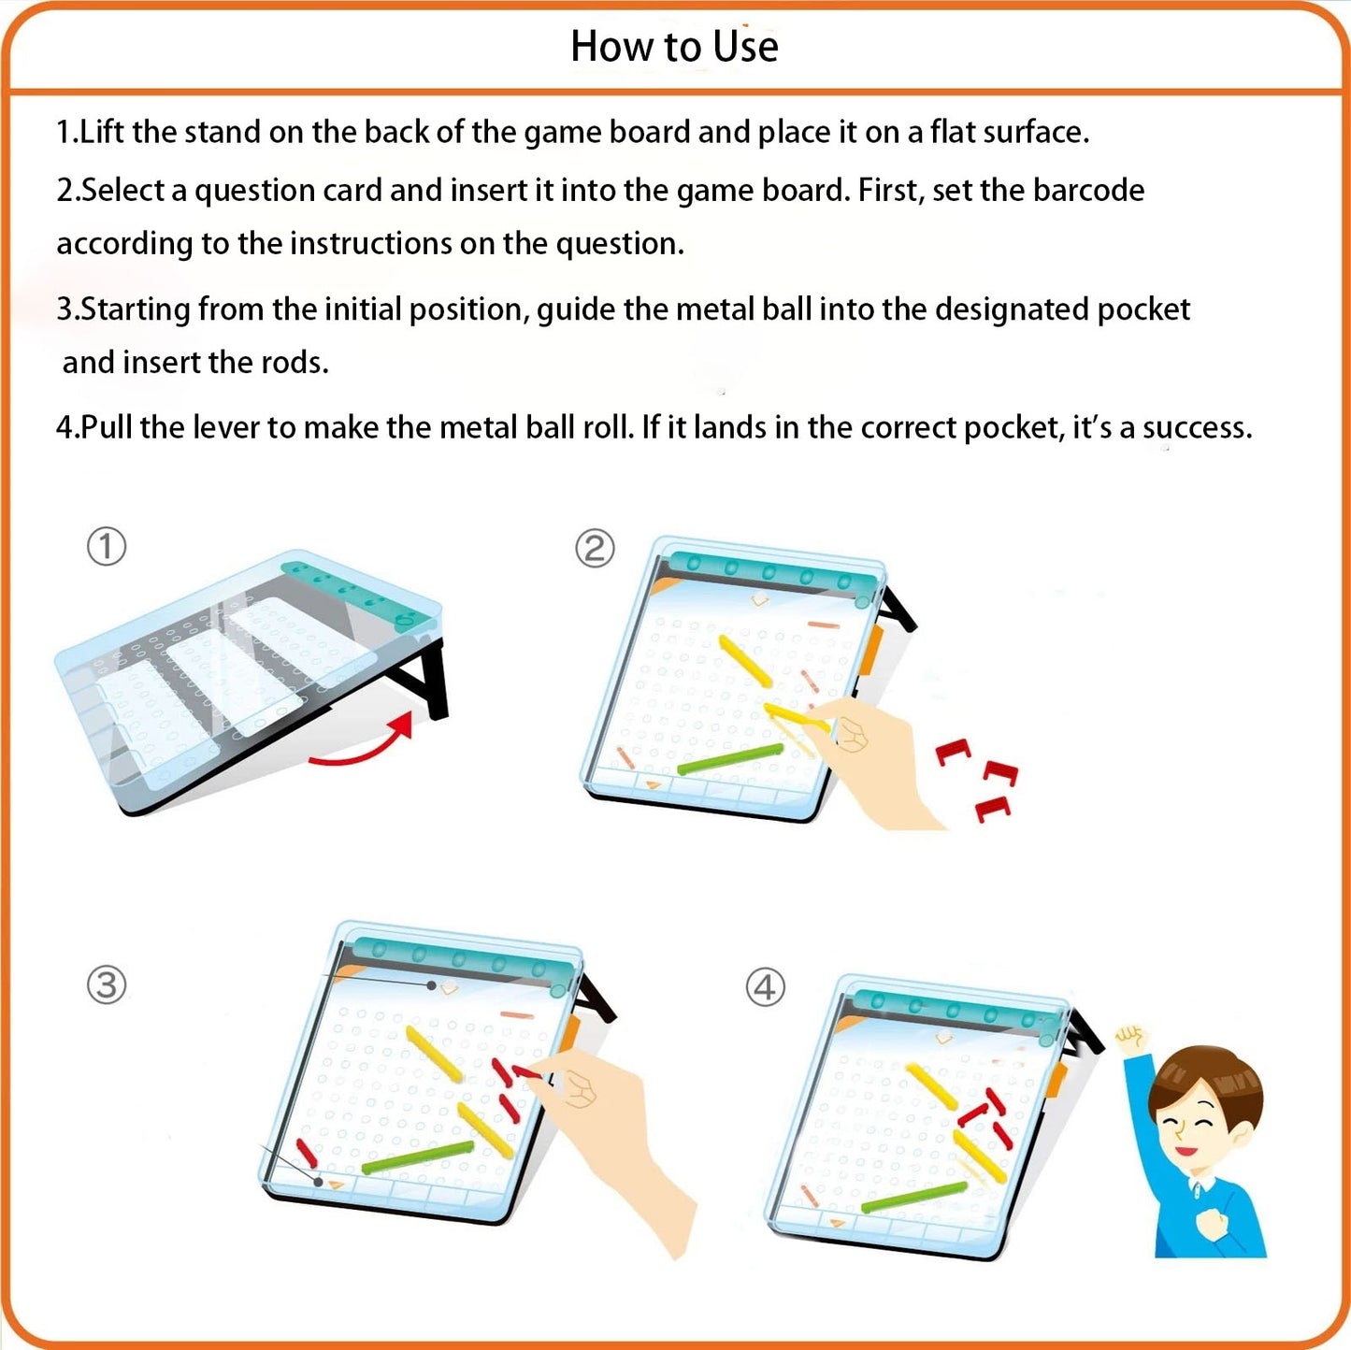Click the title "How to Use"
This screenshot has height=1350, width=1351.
[674, 47]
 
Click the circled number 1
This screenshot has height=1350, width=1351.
[107, 547]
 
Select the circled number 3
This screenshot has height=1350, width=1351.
[107, 984]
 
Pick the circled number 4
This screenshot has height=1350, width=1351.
[765, 987]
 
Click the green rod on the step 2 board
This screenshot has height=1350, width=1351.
[730, 759]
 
